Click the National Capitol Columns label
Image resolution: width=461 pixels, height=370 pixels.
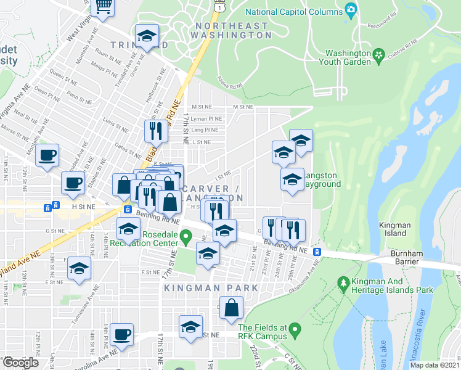coord(293,12)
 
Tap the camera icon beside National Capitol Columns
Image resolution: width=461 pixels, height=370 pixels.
coord(351,9)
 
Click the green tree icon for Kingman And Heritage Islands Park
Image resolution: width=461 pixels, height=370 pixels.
coord(343,282)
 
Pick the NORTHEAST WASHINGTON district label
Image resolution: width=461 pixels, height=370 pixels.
coord(231,31)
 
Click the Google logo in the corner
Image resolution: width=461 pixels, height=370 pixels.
coord(20,362)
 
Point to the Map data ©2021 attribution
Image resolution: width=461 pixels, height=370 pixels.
coord(434,365)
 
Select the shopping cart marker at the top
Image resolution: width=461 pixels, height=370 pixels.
coord(104,6)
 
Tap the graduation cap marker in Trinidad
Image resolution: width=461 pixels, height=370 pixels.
coord(147,36)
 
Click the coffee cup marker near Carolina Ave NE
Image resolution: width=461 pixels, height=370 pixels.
coord(122,334)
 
